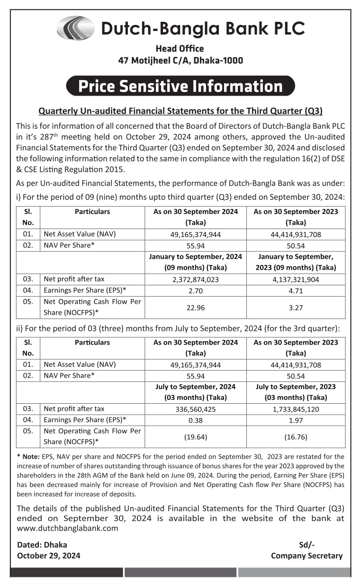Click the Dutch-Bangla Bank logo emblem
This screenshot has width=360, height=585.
(75, 28)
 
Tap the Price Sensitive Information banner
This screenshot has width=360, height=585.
(180, 86)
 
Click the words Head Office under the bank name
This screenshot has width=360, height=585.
(180, 49)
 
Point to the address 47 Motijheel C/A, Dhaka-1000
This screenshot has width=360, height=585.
(180, 61)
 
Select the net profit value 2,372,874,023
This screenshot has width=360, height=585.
(195, 279)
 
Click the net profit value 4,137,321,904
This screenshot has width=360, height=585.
(296, 279)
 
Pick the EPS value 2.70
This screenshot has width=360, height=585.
(195, 291)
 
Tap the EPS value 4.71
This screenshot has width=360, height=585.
(296, 291)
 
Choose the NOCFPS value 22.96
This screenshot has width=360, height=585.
(195, 308)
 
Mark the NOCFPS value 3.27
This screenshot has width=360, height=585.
(296, 308)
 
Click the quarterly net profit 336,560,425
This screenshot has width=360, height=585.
(195, 409)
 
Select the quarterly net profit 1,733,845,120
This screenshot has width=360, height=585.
(296, 409)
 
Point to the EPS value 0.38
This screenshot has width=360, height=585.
(195, 420)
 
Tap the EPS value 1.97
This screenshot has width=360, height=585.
(296, 420)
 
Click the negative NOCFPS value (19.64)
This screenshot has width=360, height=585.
(195, 437)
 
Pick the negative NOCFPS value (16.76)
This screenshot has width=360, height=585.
(296, 437)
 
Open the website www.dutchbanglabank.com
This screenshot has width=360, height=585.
(67, 528)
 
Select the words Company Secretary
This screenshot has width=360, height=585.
(306, 556)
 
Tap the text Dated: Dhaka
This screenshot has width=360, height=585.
(42, 545)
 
